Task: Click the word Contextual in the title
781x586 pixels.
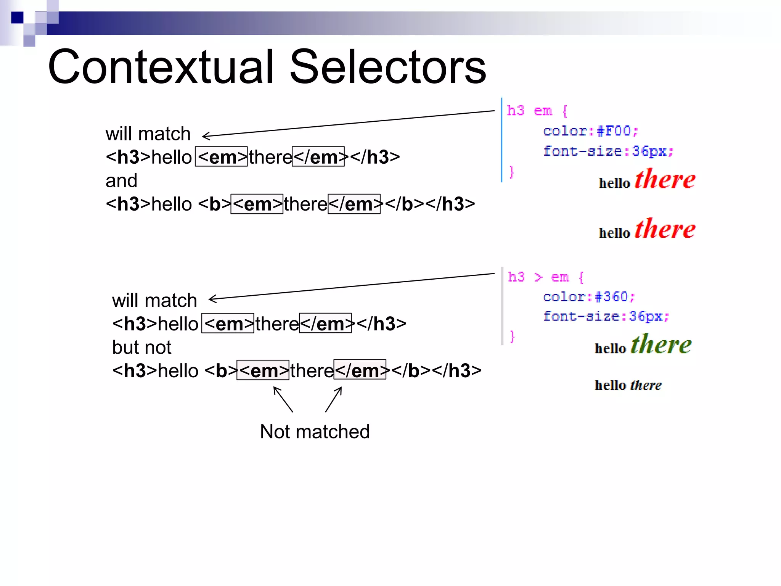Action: click(160, 67)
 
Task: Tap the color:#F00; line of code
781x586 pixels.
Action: click(590, 131)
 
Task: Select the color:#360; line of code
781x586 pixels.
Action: click(589, 296)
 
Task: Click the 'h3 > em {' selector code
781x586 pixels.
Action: click(545, 277)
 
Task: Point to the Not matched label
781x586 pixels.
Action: click(315, 432)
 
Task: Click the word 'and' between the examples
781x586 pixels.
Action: click(121, 180)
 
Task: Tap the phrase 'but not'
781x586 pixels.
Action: click(141, 347)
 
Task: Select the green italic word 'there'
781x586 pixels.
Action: click(661, 344)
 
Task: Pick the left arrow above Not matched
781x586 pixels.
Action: click(283, 399)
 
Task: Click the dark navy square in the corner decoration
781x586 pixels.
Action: click(17, 18)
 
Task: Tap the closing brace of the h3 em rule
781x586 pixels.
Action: click(511, 172)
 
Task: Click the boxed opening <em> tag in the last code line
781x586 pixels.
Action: click(263, 370)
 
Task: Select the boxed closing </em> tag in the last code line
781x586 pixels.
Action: click(360, 370)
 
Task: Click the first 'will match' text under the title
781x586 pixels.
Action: click(148, 134)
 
